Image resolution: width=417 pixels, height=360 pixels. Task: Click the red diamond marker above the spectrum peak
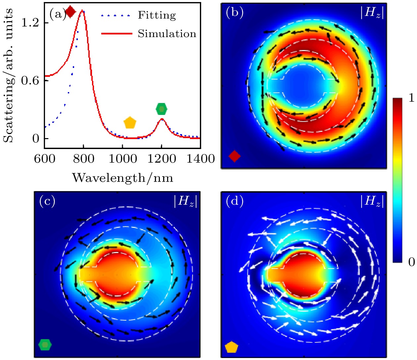(70, 12)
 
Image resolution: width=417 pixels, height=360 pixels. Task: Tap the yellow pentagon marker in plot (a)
(130, 123)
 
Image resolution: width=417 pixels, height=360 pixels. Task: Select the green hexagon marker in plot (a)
(162, 109)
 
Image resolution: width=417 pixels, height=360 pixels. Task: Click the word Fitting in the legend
(157, 15)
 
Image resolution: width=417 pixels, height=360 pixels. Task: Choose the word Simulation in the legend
(167, 34)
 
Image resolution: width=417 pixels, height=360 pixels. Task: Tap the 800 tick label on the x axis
(83, 159)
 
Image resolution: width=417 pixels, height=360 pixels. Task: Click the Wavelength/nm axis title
(122, 178)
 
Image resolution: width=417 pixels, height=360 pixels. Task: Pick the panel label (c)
(47, 201)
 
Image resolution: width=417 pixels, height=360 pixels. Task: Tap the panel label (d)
(234, 201)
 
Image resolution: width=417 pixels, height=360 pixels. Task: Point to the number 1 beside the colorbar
(411, 98)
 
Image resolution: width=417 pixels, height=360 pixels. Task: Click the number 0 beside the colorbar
(411, 262)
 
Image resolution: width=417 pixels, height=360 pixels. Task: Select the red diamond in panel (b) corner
(234, 156)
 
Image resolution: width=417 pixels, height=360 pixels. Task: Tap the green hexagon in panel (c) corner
(45, 345)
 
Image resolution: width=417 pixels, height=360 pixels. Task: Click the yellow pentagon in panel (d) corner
(231, 347)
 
